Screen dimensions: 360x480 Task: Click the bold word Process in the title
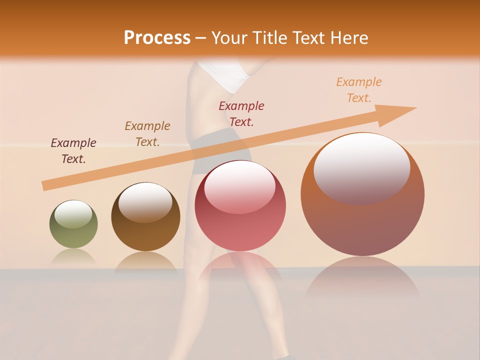(157, 38)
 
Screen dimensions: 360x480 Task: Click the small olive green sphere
(73, 224)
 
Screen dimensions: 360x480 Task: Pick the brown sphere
(145, 217)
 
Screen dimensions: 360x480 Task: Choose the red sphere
(240, 205)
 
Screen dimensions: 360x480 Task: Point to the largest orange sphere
(362, 194)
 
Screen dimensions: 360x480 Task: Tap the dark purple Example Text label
(73, 151)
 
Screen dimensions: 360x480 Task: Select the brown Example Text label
(147, 134)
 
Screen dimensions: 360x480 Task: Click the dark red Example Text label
(241, 114)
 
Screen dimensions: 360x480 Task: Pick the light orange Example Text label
(359, 90)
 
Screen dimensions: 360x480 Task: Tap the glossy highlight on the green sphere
(73, 214)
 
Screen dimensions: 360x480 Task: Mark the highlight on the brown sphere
(145, 201)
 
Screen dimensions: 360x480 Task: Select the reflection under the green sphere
(73, 256)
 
